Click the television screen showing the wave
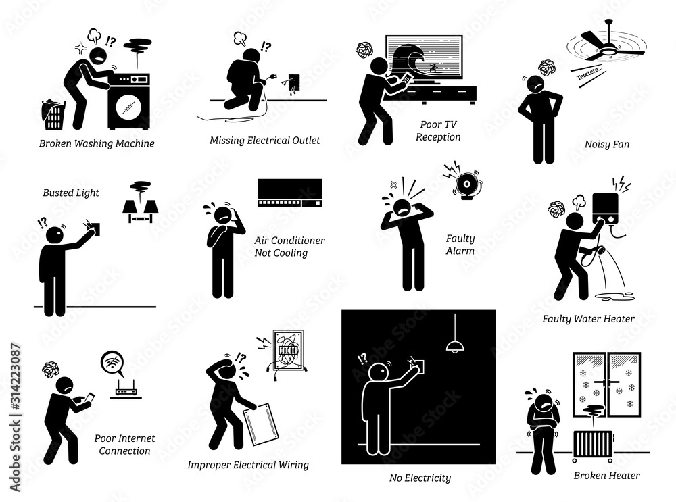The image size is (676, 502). click(x=424, y=65)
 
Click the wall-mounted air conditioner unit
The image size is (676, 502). click(x=289, y=194)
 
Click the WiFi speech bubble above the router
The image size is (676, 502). click(x=112, y=364)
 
